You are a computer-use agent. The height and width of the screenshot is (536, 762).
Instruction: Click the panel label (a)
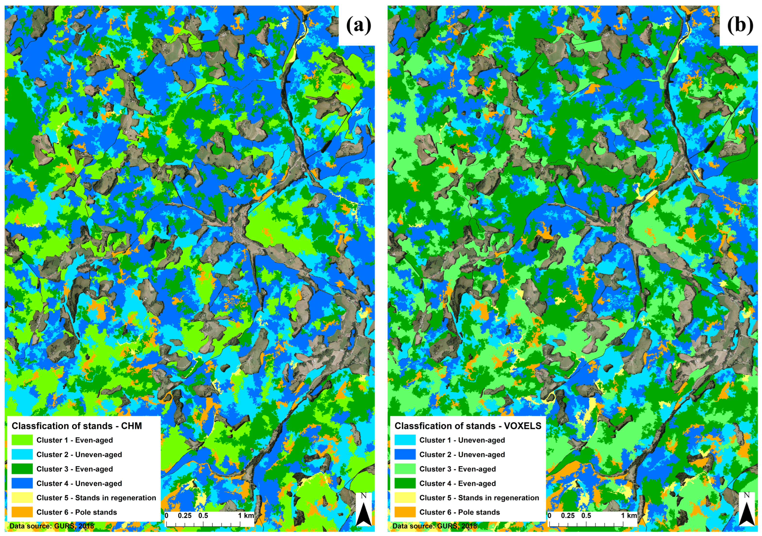coord(359,25)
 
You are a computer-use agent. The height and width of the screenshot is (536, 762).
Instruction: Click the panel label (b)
coord(740,25)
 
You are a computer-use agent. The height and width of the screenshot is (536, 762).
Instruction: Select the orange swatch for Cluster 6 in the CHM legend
coord(22,512)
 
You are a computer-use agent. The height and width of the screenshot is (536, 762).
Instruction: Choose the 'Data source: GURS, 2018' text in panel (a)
coord(52,526)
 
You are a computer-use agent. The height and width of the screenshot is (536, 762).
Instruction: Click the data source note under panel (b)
coord(435,526)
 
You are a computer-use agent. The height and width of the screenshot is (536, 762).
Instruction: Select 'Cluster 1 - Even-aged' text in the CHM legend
coord(75,440)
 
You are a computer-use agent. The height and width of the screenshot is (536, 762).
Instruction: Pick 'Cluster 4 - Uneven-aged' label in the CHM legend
coord(79,483)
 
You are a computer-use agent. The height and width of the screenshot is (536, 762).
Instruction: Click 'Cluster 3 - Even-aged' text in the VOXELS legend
coord(457,469)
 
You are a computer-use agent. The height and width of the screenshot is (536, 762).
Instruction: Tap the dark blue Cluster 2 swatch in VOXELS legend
coord(405,454)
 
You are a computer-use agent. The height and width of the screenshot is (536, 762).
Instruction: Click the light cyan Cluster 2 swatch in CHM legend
coord(22,454)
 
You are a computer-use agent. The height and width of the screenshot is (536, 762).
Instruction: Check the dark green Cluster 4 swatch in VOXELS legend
coord(405,483)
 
